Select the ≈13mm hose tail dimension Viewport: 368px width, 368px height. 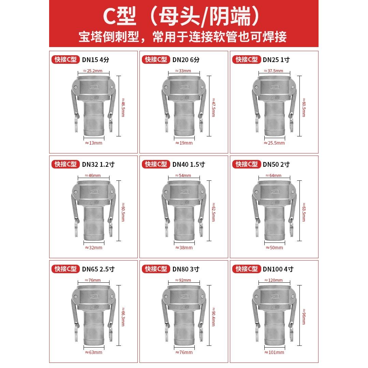(93, 143)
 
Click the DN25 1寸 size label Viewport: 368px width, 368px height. (276, 60)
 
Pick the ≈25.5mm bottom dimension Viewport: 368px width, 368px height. (274, 143)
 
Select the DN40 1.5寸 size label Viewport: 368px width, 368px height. (189, 164)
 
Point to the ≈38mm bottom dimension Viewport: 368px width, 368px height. (184, 248)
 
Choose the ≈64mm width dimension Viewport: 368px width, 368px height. (274, 176)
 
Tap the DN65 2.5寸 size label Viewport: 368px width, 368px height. (98, 269)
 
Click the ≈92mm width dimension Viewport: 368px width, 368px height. (184, 280)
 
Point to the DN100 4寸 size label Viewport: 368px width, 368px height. (278, 269)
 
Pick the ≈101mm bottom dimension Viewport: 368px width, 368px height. (274, 352)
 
